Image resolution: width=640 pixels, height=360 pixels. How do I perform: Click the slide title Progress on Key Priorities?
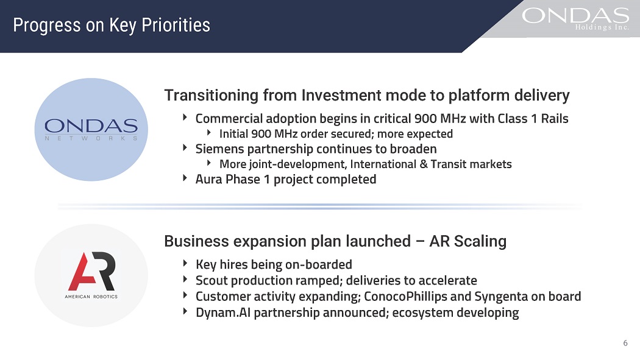[x=112, y=25]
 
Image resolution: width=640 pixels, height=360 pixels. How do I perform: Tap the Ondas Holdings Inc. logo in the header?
[x=575, y=18]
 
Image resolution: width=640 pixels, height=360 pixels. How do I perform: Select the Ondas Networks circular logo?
[x=91, y=130]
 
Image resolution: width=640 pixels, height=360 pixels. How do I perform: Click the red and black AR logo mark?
[x=92, y=271]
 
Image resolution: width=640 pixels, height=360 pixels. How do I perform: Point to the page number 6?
[x=625, y=343]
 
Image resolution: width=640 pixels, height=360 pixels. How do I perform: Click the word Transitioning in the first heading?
[x=211, y=96]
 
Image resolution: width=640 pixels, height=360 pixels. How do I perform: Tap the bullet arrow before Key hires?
[x=185, y=263]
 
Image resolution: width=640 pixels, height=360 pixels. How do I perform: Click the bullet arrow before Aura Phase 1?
[x=185, y=178]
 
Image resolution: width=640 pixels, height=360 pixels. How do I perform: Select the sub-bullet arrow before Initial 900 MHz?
[x=209, y=133]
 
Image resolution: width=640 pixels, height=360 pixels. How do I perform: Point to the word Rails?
[x=555, y=119]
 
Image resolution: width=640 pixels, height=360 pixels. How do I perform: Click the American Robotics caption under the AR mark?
[x=91, y=297]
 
